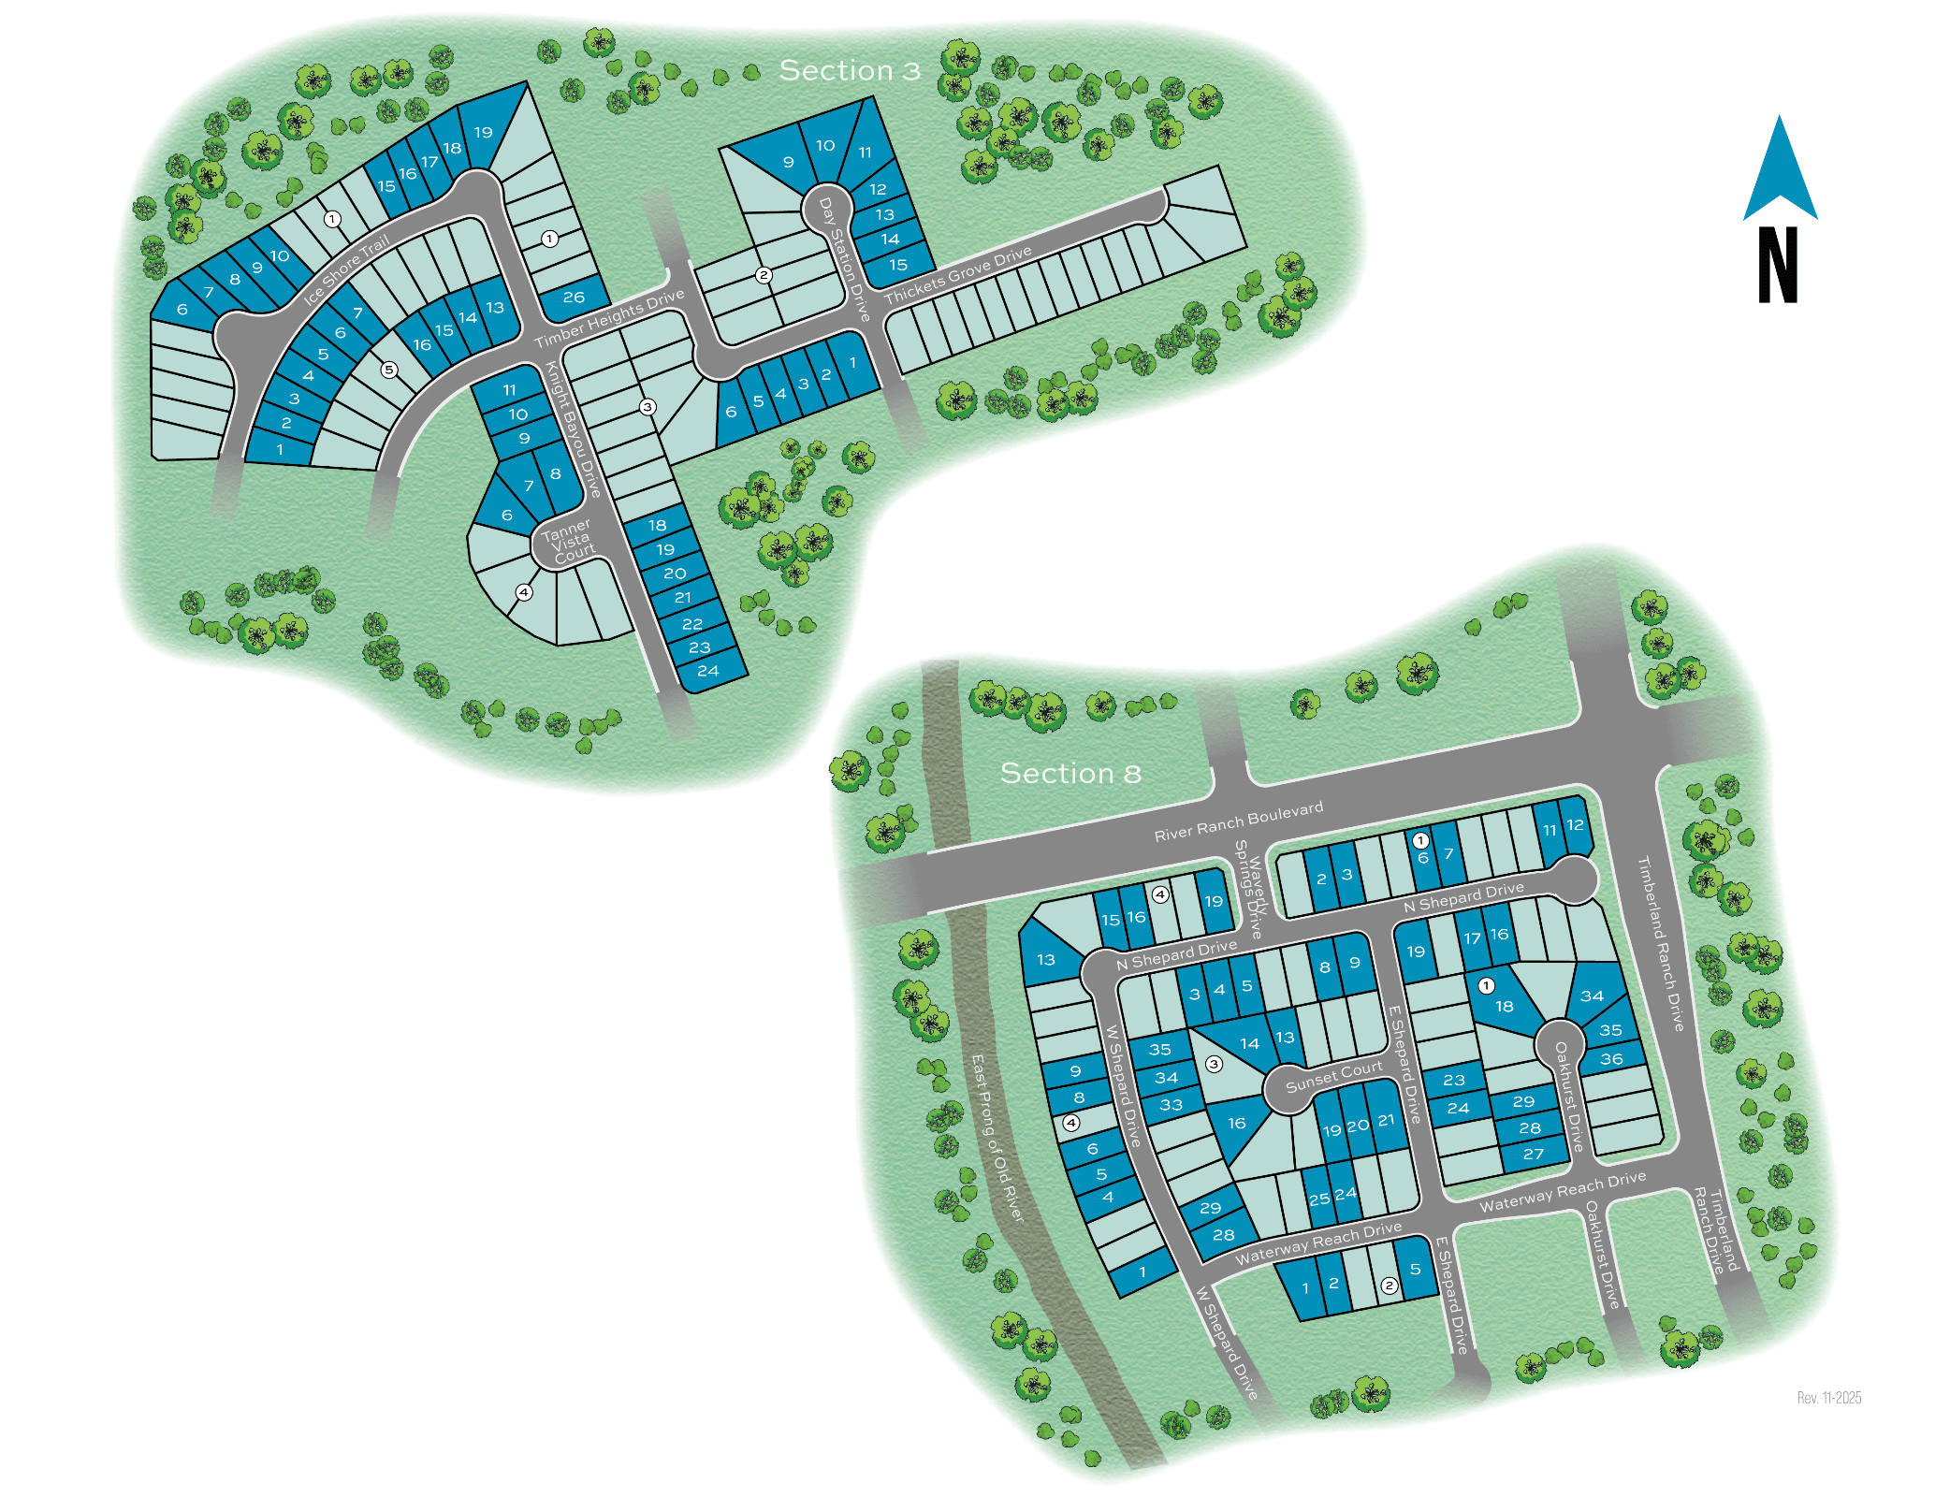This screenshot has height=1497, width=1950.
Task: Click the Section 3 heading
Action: pyautogui.click(x=850, y=70)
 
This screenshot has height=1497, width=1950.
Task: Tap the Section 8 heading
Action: pyautogui.click(x=1070, y=773)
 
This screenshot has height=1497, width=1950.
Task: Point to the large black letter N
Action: pyautogui.click(x=1778, y=266)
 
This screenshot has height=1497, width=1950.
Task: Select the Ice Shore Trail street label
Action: pyautogui.click(x=346, y=271)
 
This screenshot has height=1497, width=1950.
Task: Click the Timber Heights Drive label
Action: pyautogui.click(x=609, y=318)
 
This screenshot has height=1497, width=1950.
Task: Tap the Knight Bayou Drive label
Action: pyautogui.click(x=573, y=429)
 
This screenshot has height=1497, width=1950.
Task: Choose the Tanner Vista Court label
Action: pyautogui.click(x=568, y=541)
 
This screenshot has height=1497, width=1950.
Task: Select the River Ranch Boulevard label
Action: pyautogui.click(x=1238, y=821)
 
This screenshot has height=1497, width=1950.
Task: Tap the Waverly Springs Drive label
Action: pyautogui.click(x=1250, y=889)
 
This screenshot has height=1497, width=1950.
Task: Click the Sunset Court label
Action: pyautogui.click(x=1333, y=1077)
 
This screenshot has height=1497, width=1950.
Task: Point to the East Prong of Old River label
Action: pyautogui.click(x=997, y=1137)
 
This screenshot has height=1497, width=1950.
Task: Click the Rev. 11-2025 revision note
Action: pyautogui.click(x=1828, y=1398)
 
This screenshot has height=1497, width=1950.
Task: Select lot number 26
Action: pyautogui.click(x=574, y=297)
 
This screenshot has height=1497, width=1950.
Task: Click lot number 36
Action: pyautogui.click(x=1611, y=1059)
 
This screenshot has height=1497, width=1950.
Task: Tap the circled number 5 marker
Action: pyautogui.click(x=389, y=370)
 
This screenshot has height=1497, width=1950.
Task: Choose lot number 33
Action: pyautogui.click(x=1171, y=1105)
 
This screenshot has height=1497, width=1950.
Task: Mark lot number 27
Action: pyautogui.click(x=1533, y=1154)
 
